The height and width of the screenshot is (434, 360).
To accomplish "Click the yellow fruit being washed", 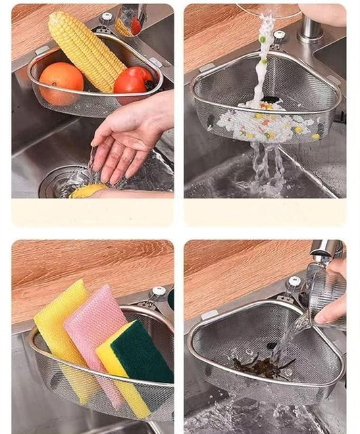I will [x=88, y=191].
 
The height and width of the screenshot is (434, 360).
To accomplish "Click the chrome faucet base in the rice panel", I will [x=311, y=30].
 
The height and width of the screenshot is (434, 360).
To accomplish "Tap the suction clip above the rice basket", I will [x=278, y=37].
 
